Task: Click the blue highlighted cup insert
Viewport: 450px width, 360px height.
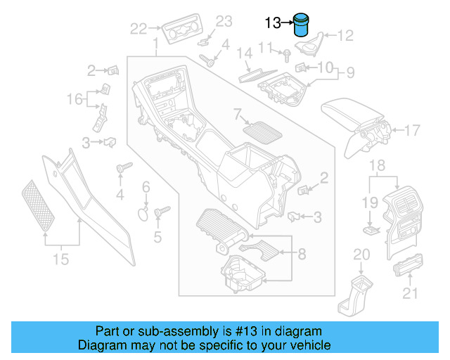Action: [x=302, y=25]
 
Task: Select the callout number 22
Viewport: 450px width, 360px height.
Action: [x=138, y=29]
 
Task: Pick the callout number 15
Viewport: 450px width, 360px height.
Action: [x=61, y=259]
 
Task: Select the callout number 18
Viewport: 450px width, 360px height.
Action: [x=378, y=166]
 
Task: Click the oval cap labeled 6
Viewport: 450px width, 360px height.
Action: [x=141, y=214]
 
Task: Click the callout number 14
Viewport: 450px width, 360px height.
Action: [x=243, y=53]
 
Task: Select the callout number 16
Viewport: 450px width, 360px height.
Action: [x=75, y=99]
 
